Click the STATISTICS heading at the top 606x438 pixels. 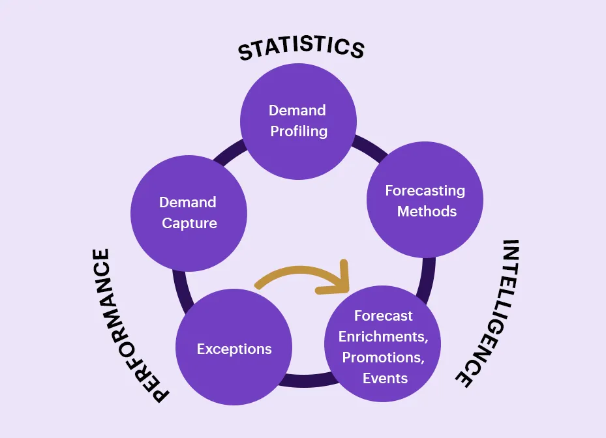301,48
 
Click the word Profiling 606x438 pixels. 299,131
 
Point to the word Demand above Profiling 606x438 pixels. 297,109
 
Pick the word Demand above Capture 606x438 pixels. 189,202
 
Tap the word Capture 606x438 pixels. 189,223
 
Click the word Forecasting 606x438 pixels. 425,190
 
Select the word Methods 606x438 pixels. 427,211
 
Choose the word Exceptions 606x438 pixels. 234,349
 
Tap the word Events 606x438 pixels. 385,378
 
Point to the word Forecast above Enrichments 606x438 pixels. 384,315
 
